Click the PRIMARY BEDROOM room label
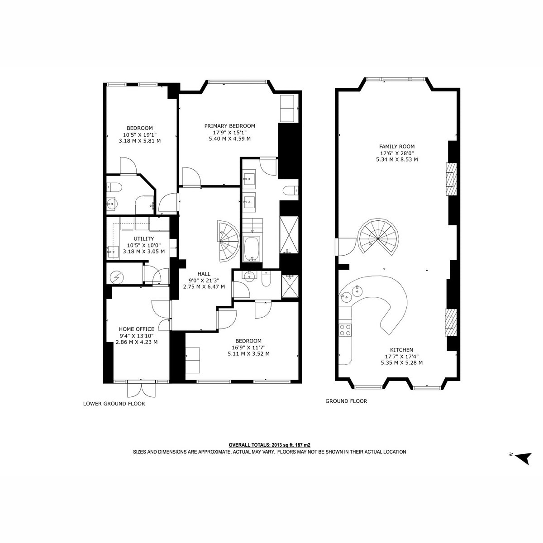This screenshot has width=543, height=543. coord(230,126)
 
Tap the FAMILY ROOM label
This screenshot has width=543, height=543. coord(397,147)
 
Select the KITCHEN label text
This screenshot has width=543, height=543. coord(401,350)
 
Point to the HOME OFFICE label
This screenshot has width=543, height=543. coord(136,329)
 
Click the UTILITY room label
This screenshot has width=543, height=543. coord(144,238)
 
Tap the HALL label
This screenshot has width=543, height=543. coord(204,274)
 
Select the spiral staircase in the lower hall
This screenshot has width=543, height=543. coord(228,241)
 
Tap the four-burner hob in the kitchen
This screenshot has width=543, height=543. coord(345,330)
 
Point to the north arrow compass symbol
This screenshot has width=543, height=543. coord(523,458)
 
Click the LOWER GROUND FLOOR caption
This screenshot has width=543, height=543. coord(114,404)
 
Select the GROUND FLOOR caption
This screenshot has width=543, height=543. coord(346,401)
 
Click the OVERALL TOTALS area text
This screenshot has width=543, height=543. coord(270,445)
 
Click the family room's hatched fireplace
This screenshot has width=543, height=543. coord(451,179)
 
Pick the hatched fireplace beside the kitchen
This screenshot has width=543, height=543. coord(450,323)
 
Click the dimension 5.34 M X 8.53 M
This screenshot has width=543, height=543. coord(397,159)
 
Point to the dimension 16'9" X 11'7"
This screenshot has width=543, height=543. coord(249,347)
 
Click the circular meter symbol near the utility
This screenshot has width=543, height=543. coord(117,277)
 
